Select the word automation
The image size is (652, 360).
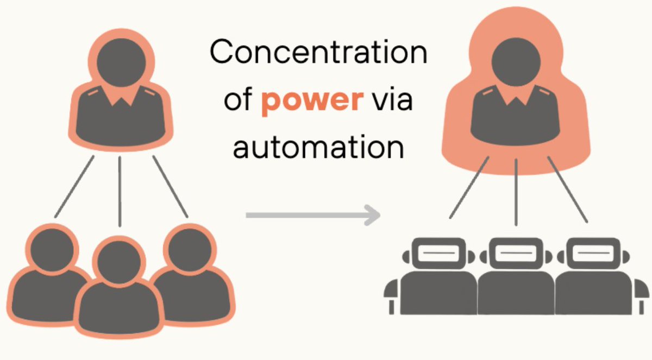(318, 147)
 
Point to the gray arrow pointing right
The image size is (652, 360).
(312, 215)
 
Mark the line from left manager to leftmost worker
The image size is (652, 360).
(74, 187)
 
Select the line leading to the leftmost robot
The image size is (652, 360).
(469, 188)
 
